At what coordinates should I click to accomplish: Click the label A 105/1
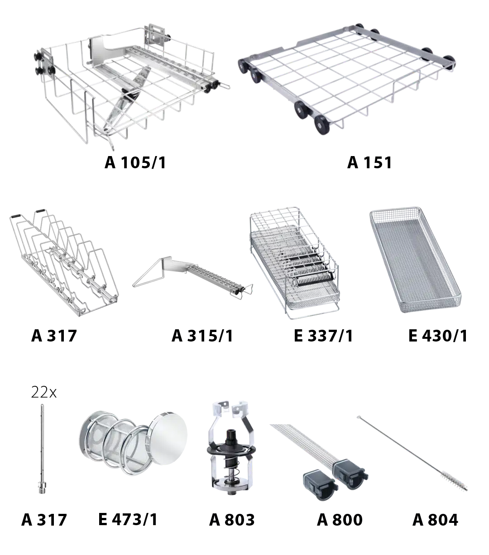pyautogui.click(x=135, y=162)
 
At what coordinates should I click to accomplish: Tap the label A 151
pyautogui.click(x=369, y=162)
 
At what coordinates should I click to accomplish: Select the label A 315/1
pyautogui.click(x=202, y=336)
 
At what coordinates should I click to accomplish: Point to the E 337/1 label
pyautogui.click(x=323, y=336)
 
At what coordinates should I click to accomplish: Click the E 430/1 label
pyautogui.click(x=438, y=336)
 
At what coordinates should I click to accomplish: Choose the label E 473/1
pyautogui.click(x=128, y=519)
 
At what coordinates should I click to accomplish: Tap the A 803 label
pyautogui.click(x=232, y=520)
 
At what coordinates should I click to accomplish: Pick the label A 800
pyautogui.click(x=340, y=520)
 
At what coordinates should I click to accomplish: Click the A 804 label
pyautogui.click(x=435, y=520)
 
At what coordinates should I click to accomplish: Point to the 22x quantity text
pyautogui.click(x=43, y=392)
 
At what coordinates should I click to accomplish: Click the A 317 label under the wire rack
pyautogui.click(x=54, y=336)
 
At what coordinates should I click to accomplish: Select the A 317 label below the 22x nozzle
pyautogui.click(x=44, y=520)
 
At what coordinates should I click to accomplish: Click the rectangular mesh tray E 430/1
pyautogui.click(x=415, y=260)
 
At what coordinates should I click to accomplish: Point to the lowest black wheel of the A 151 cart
pyautogui.click(x=322, y=125)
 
